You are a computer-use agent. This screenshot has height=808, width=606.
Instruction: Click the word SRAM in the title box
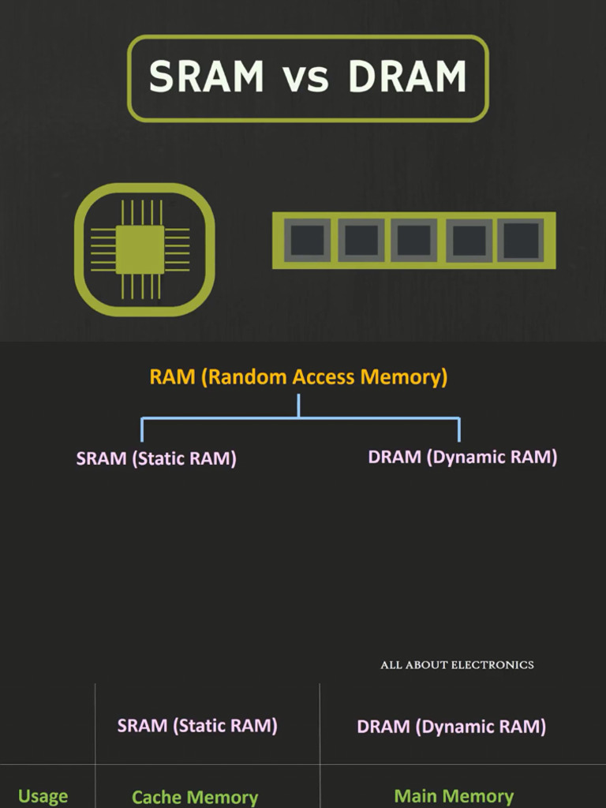pyautogui.click(x=207, y=77)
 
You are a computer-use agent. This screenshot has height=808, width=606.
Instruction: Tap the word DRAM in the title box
pyautogui.click(x=407, y=77)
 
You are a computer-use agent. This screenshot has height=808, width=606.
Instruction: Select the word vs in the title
pyautogui.click(x=305, y=79)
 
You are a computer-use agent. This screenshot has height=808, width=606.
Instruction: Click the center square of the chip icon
pyautogui.click(x=140, y=249)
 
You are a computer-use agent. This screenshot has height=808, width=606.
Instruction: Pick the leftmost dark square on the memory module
pyautogui.click(x=307, y=240)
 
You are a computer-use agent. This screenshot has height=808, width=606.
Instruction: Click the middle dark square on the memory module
pyautogui.click(x=414, y=240)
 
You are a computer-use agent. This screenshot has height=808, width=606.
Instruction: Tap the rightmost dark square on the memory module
pyautogui.click(x=522, y=240)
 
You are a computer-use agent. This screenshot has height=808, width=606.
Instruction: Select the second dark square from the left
pyautogui.click(x=361, y=240)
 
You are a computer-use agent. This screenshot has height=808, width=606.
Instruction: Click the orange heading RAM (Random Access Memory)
pyautogui.click(x=298, y=377)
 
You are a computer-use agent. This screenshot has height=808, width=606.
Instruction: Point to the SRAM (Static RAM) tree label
pyautogui.click(x=156, y=458)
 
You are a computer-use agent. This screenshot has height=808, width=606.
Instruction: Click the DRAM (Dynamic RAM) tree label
pyautogui.click(x=462, y=457)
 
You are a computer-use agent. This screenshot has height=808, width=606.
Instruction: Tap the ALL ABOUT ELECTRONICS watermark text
pyautogui.click(x=457, y=665)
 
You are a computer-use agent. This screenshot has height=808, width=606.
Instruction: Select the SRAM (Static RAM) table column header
pyautogui.click(x=197, y=726)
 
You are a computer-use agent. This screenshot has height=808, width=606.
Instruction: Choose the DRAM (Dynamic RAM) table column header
pyautogui.click(x=451, y=727)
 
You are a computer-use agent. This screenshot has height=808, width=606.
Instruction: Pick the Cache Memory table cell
pyautogui.click(x=195, y=797)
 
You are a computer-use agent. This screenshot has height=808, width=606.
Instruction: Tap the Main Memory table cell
pyautogui.click(x=454, y=796)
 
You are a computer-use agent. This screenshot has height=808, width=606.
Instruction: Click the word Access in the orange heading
pyautogui.click(x=324, y=377)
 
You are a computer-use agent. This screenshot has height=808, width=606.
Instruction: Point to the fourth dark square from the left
pyautogui.click(x=469, y=240)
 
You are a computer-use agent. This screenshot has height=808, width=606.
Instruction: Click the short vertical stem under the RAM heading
pyautogui.click(x=298, y=405)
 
